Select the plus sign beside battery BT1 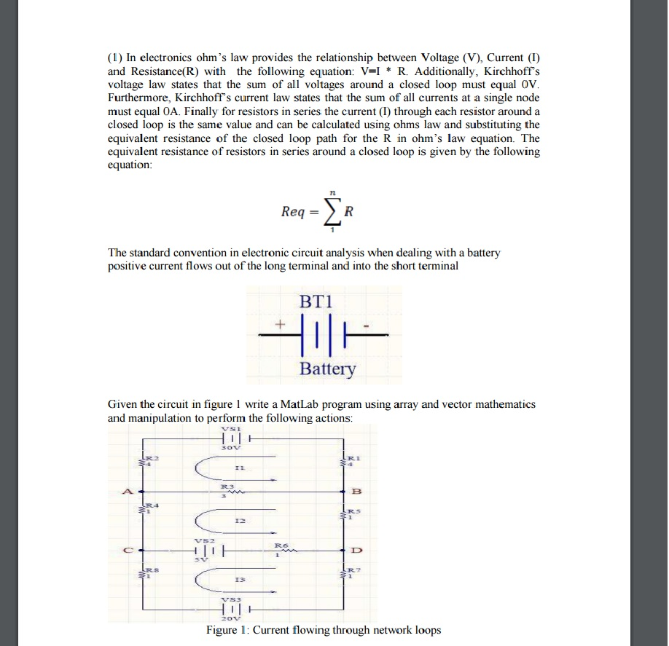pyautogui.click(x=278, y=321)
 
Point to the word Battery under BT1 pyautogui.click(x=328, y=369)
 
